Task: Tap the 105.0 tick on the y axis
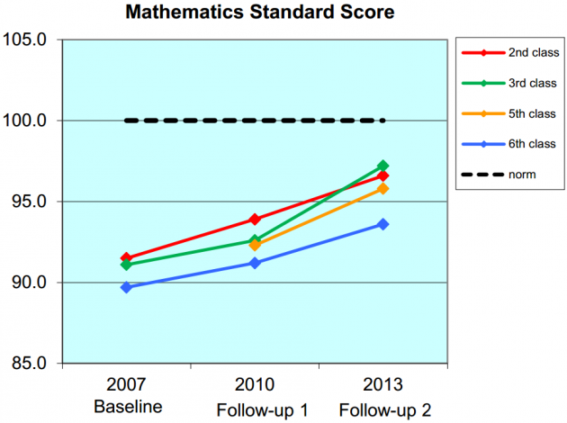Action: [x=30, y=40]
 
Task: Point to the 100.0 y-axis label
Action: [x=30, y=121]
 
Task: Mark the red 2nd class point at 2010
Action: [x=255, y=220]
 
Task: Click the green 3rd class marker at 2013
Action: [x=383, y=166]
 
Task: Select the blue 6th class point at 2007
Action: [x=126, y=287]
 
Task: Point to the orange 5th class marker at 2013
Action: [x=383, y=188]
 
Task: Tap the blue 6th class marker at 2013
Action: [x=383, y=224]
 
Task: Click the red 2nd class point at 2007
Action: [x=126, y=258]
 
